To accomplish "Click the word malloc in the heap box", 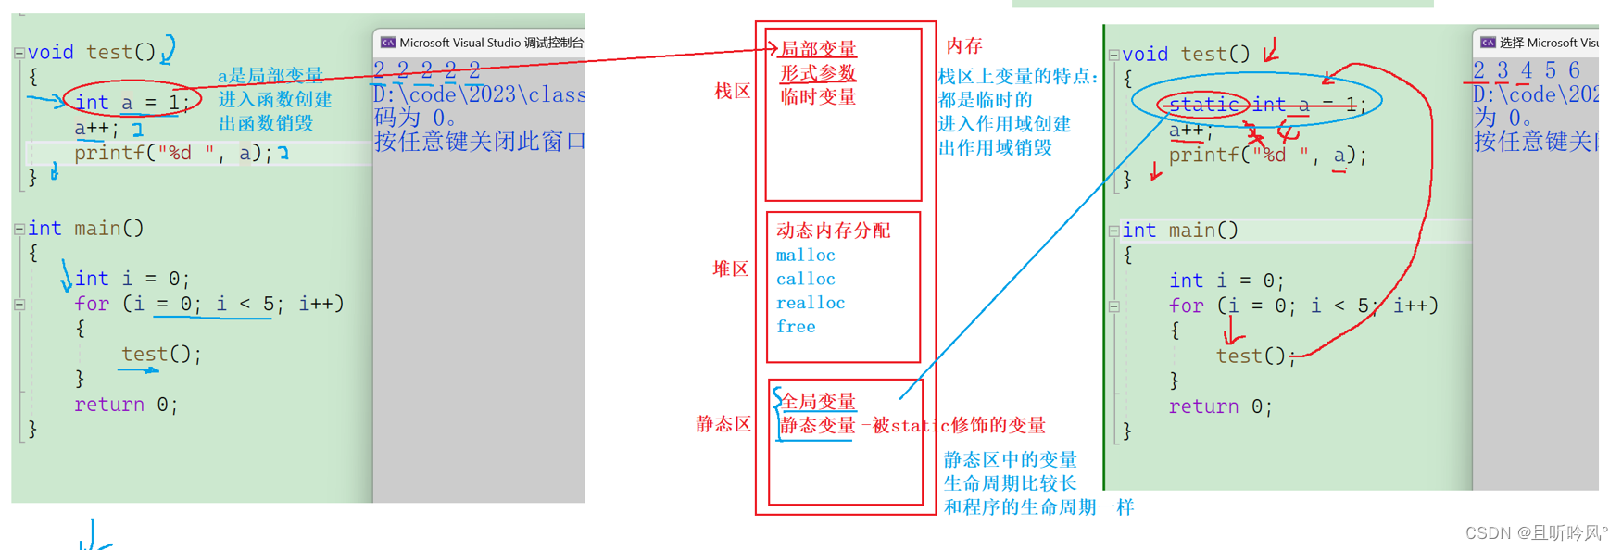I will tap(805, 256).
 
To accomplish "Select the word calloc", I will tap(805, 280).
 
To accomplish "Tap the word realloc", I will tap(811, 303).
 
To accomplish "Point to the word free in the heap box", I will tap(796, 327).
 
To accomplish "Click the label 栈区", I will tap(732, 92).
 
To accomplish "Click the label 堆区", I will tap(730, 269).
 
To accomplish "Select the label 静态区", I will tap(723, 424).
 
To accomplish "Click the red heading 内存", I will tap(963, 46).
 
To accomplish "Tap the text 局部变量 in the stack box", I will tap(818, 49).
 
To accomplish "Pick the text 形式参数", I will tap(818, 73).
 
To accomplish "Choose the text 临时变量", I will tap(818, 97).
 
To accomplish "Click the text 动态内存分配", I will tap(833, 231).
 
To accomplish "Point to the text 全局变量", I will tap(819, 401).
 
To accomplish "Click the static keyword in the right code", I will tap(1203, 105).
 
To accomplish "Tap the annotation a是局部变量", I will tap(270, 76).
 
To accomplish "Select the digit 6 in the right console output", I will tap(1574, 70).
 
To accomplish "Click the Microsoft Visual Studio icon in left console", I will tap(388, 43).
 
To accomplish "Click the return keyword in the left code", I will tap(109, 405).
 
